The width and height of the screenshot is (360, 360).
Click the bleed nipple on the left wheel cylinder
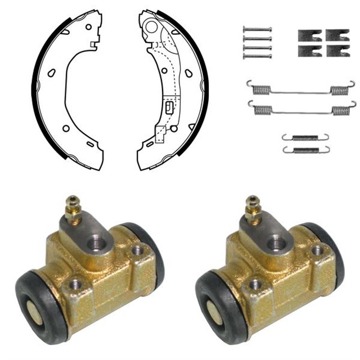coord(71,209)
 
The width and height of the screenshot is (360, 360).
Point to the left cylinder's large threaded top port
coord(98,243)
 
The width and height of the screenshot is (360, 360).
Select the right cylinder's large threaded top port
coord(278,243)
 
